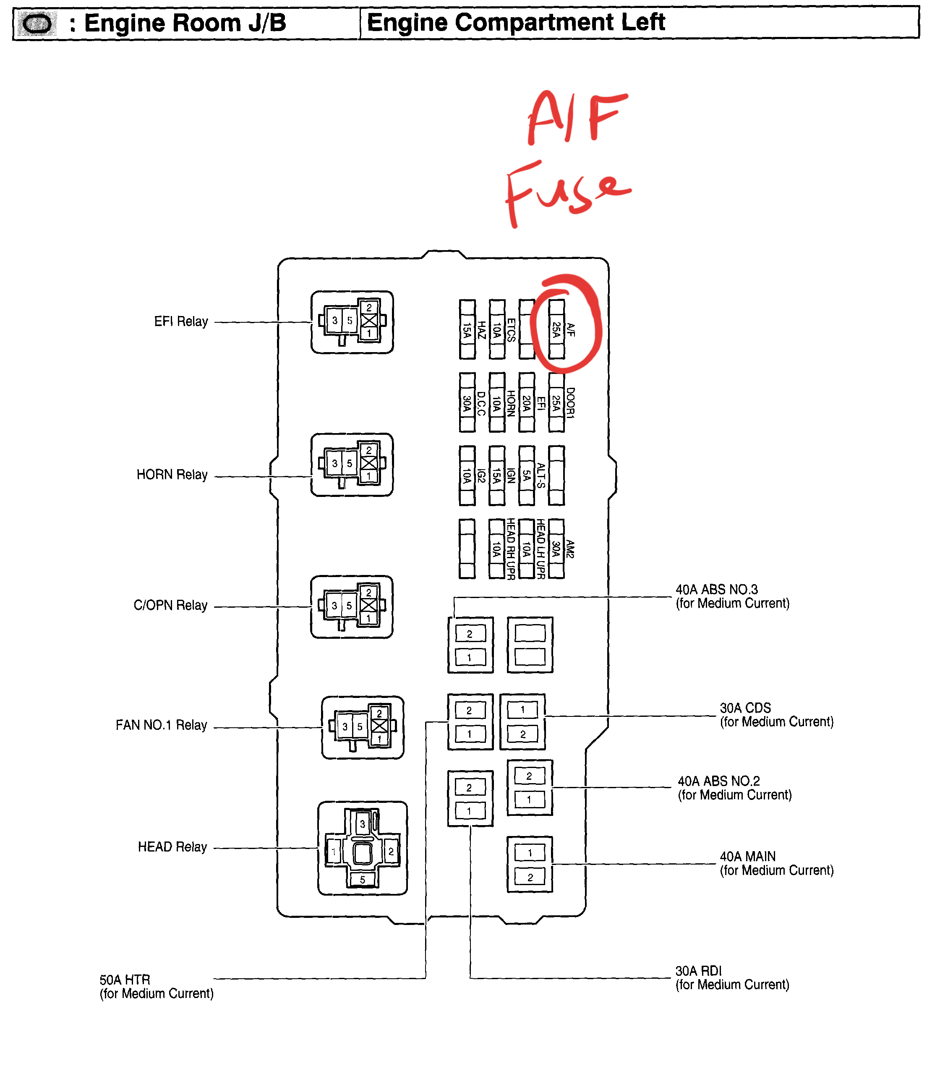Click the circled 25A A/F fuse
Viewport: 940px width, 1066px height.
pos(556,329)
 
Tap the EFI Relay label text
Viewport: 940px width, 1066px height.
pos(180,321)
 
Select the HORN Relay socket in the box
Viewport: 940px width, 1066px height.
pos(352,464)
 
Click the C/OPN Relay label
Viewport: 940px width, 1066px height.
pos(170,605)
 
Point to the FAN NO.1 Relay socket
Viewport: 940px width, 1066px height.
pos(362,727)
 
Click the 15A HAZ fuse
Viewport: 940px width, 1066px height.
pos(467,329)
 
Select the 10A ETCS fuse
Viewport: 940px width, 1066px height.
pos(497,329)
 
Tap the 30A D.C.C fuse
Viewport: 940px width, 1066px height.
pos(467,402)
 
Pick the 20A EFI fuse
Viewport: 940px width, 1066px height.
pos(527,402)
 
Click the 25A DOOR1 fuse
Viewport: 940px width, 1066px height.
pos(556,402)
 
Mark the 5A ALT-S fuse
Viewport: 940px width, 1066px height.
pos(527,475)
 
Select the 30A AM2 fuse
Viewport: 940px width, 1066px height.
pos(556,548)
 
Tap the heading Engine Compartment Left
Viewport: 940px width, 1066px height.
pos(516,22)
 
